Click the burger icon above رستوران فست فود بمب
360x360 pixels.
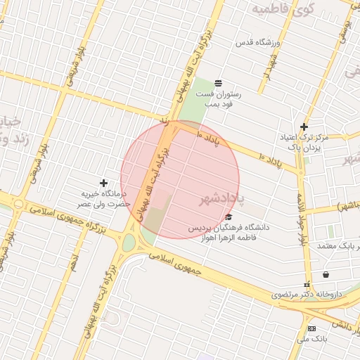coord(219,83)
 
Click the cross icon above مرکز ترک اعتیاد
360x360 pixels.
coord(304,127)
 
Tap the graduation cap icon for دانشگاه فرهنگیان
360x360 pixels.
coord(229,217)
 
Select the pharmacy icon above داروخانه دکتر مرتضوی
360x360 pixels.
coord(307,285)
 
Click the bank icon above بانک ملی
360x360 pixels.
coord(311,328)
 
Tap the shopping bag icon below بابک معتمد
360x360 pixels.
coord(325,274)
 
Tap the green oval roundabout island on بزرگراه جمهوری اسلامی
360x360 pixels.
coord(129,243)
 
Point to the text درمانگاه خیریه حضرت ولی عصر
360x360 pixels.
coord(104,198)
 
